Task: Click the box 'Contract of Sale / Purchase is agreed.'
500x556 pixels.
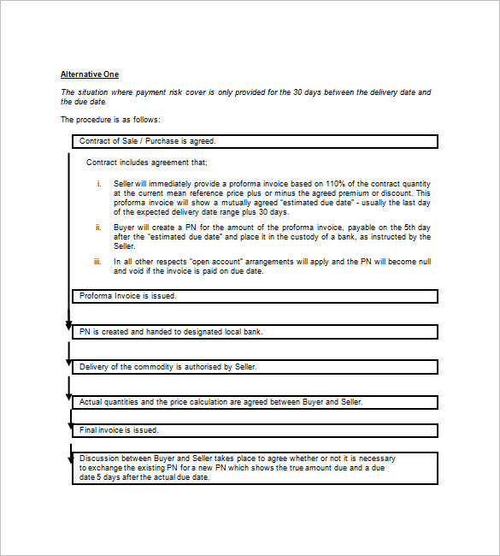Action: [x=255, y=141]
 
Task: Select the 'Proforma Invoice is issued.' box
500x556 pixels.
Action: [x=255, y=296]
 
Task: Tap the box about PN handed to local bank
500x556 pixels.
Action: [x=255, y=331]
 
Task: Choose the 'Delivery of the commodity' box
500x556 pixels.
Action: [x=255, y=367]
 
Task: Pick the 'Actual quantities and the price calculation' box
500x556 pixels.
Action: [x=255, y=402]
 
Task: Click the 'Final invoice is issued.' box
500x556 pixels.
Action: [x=255, y=430]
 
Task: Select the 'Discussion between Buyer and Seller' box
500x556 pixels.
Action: [x=255, y=468]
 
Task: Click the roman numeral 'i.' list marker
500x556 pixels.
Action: [x=99, y=184]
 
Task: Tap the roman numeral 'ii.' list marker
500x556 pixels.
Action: [x=98, y=228]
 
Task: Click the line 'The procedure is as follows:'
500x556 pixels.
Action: [x=109, y=120]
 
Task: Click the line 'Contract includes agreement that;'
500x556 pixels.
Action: [x=146, y=163]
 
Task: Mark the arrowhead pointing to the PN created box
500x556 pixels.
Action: [x=68, y=326]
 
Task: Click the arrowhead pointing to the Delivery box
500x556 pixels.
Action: [x=68, y=362]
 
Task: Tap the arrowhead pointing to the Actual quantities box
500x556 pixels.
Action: [x=68, y=397]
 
